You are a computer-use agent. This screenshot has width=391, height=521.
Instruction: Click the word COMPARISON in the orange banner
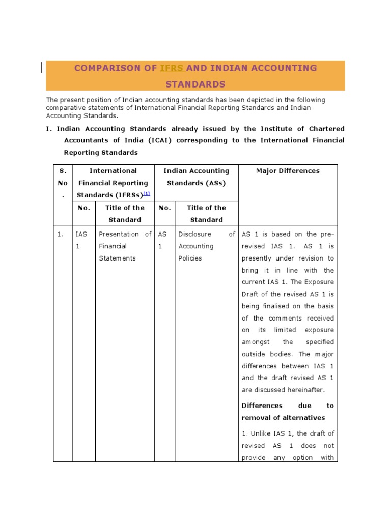pyautogui.click(x=115, y=68)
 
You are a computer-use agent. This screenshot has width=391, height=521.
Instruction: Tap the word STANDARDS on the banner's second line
pyautogui.click(x=195, y=84)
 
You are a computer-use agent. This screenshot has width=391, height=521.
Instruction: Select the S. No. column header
pyautogui.click(x=63, y=183)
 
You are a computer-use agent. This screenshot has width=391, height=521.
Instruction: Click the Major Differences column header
pyautogui.click(x=288, y=171)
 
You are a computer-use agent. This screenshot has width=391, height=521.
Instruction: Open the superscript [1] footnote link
pyautogui.click(x=147, y=194)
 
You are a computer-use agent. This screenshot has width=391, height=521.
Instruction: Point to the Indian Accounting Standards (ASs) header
pyautogui.click(x=196, y=177)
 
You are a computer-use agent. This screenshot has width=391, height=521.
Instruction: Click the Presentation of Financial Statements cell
pyautogui.click(x=125, y=246)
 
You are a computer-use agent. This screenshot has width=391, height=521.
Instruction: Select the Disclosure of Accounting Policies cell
pyautogui.click(x=207, y=246)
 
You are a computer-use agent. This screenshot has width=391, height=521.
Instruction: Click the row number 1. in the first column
pyautogui.click(x=60, y=234)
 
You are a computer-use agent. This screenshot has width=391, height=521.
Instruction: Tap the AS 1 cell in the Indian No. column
pyautogui.click(x=162, y=240)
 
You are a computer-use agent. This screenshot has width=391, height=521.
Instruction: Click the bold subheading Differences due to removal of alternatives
pyautogui.click(x=288, y=412)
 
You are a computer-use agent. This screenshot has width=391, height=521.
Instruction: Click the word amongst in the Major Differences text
pyautogui.click(x=258, y=342)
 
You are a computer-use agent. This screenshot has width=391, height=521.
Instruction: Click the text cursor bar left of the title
pyautogui.click(x=42, y=68)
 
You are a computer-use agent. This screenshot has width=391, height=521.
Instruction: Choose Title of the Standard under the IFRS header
pyautogui.click(x=125, y=214)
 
